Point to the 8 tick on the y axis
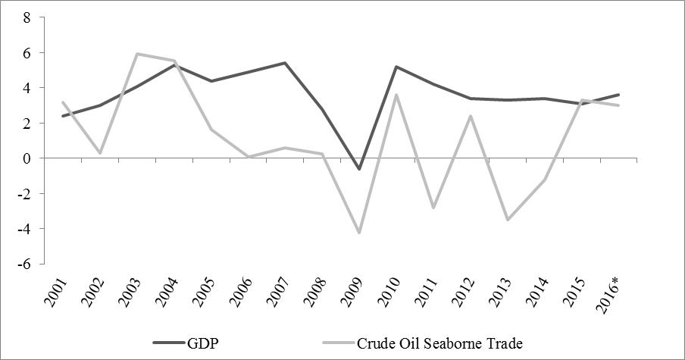click(26, 18)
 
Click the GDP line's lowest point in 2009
click(359, 169)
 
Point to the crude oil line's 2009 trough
click(359, 233)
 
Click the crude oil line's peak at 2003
click(136, 54)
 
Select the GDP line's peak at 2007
click(285, 63)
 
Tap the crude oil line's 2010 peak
click(396, 95)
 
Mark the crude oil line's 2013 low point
click(508, 220)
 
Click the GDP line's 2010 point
click(396, 67)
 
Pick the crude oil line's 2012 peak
click(471, 116)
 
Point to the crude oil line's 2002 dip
click(99, 153)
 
